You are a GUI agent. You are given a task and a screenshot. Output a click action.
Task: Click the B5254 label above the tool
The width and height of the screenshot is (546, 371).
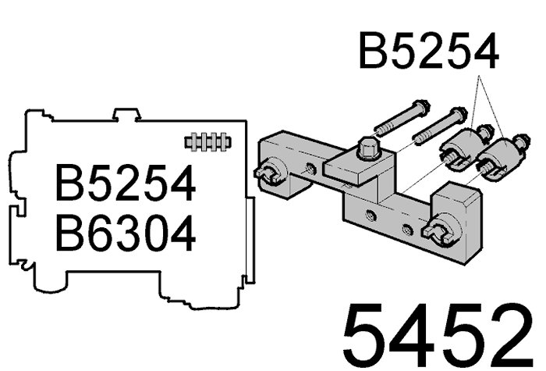tap(429, 51)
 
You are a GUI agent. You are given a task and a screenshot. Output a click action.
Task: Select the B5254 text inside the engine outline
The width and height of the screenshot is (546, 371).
tap(126, 183)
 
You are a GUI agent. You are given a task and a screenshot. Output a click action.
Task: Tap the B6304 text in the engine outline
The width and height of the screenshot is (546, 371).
tap(125, 233)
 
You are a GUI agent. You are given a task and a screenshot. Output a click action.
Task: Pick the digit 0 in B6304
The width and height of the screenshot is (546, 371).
tap(157, 233)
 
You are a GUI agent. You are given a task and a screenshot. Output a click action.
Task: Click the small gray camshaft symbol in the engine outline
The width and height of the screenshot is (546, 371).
tap(208, 141)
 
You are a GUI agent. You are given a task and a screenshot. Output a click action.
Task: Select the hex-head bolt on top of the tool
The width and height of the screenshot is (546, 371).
tap(370, 149)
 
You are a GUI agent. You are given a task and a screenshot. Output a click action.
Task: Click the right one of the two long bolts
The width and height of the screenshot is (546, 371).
tap(439, 126)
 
